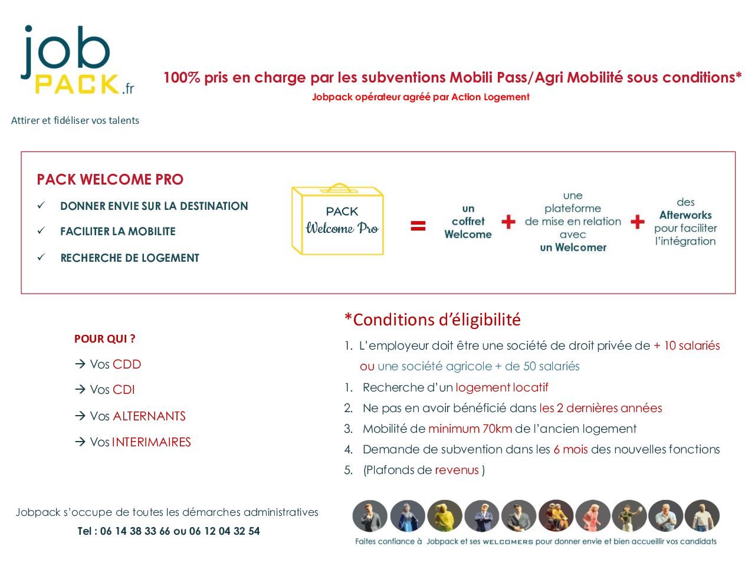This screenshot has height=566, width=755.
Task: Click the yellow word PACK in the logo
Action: tap(77, 84)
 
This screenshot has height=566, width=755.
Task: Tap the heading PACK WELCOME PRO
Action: tap(110, 179)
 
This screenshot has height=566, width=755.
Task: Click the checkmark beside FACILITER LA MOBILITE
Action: tap(41, 231)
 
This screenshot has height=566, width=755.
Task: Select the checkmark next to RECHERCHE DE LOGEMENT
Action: tap(41, 256)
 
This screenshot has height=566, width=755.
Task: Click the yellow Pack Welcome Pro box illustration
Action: tap(337, 219)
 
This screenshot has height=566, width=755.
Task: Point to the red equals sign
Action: tap(418, 226)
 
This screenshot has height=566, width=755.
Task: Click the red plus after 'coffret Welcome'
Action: tap(508, 222)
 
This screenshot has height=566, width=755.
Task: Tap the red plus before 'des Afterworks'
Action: tap(638, 222)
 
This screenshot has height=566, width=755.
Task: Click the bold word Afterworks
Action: tap(685, 215)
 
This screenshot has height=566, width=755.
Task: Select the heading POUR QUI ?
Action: tap(105, 339)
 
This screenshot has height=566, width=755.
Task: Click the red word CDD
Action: tap(127, 364)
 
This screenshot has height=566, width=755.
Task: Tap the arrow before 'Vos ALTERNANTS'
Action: tap(80, 416)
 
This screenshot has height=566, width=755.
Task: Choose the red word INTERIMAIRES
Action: tap(152, 442)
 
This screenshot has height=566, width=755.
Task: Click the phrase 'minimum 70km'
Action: tap(470, 429)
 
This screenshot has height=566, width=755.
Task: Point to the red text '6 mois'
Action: tap(570, 449)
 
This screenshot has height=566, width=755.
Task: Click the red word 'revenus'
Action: tap(457, 470)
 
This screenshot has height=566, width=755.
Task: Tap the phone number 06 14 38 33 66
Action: tap(135, 531)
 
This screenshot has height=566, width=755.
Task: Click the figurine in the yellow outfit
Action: tap(445, 516)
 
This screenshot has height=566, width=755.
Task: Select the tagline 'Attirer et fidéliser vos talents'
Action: tap(75, 121)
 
